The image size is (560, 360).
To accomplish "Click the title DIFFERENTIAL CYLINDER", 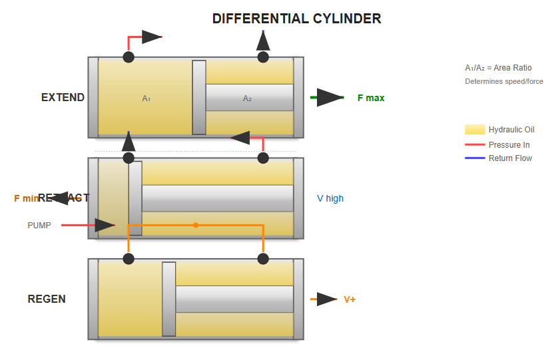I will click(x=296, y=19).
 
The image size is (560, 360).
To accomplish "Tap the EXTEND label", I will click(x=63, y=97).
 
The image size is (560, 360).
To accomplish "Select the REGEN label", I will click(x=47, y=299).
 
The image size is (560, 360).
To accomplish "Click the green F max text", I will click(x=371, y=98).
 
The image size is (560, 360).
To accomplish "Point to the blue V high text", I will click(x=330, y=198).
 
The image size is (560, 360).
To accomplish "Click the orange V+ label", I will click(x=350, y=299).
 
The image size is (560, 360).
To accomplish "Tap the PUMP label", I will click(x=39, y=226).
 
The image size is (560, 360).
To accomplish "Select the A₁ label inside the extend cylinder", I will click(x=146, y=98).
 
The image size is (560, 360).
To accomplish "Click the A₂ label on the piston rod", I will click(x=247, y=98).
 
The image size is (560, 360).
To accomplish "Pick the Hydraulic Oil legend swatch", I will click(x=474, y=130).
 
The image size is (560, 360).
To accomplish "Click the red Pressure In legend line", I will click(x=474, y=144).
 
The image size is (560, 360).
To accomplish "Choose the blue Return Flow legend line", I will click(x=474, y=158).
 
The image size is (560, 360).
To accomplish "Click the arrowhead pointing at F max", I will click(x=330, y=98).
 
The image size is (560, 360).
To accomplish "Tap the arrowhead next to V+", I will click(x=326, y=299).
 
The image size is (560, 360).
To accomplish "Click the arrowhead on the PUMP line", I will click(x=105, y=226).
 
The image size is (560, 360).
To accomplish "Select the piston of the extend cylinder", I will click(x=199, y=97).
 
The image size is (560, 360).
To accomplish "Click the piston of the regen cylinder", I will click(x=169, y=299).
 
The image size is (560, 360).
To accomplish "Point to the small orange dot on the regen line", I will click(x=196, y=225).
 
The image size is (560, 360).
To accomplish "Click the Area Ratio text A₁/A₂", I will click(x=498, y=68).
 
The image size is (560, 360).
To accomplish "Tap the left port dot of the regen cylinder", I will click(x=129, y=259).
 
